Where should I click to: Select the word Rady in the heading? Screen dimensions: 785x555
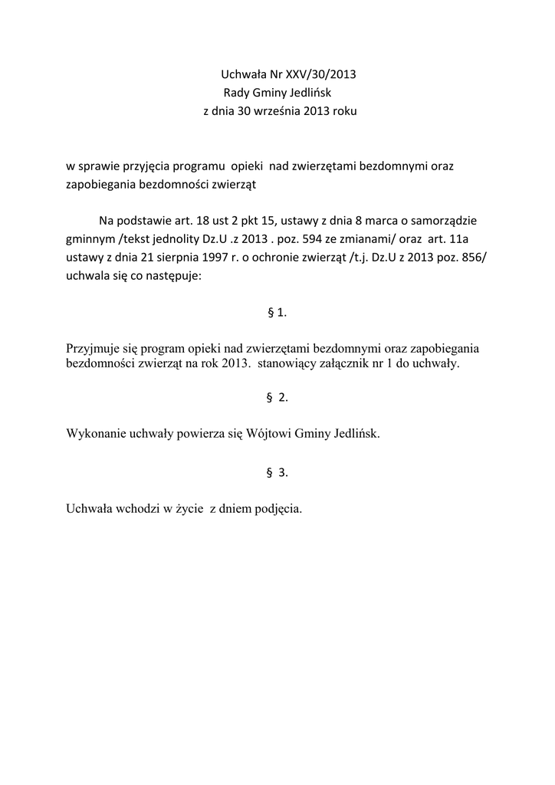238,93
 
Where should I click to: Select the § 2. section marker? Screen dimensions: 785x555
277,397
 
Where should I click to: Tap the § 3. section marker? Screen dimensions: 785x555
277,472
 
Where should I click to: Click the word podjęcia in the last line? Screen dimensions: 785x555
278,508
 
